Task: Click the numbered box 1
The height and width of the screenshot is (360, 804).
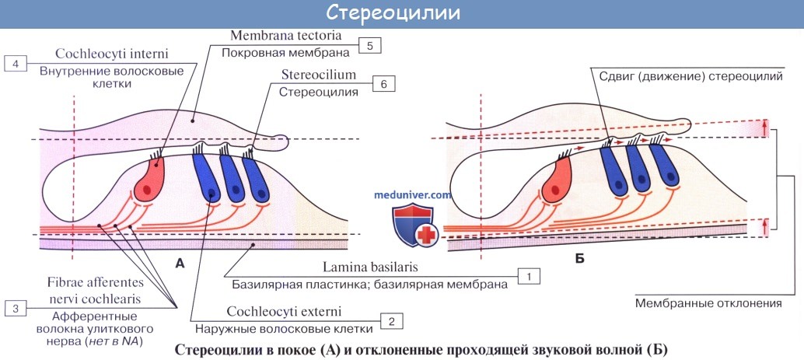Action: point(529,275)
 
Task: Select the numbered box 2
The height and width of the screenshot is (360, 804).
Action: point(391,320)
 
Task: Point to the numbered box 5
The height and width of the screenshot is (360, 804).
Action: point(370,46)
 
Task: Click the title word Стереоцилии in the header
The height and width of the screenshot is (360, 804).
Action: point(401,13)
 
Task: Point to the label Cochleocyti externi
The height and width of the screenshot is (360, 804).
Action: point(284,312)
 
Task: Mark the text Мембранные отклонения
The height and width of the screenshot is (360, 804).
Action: point(697,303)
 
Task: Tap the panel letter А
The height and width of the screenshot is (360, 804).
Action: point(180,264)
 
